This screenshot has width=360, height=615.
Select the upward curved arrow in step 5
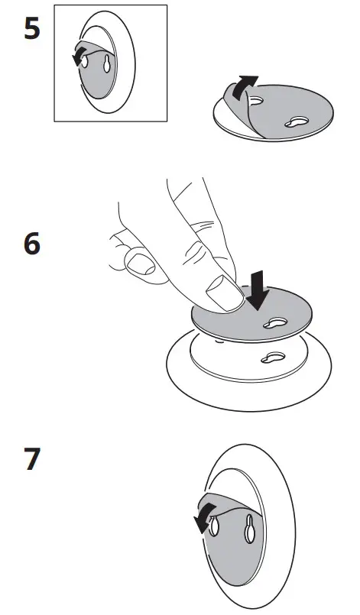click(244, 86)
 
